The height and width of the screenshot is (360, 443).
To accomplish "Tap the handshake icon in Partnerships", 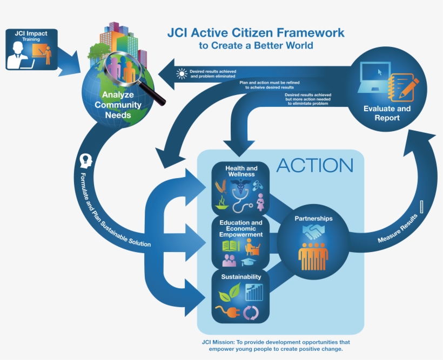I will [x=313, y=231].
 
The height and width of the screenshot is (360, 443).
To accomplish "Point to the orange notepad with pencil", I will [x=403, y=86].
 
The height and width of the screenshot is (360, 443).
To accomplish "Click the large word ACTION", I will [x=314, y=165].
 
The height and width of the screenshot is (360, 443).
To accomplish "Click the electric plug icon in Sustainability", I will [x=225, y=311].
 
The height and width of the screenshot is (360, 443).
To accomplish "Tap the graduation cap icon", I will [x=249, y=262].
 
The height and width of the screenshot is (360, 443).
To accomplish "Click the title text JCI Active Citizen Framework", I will [x=256, y=33].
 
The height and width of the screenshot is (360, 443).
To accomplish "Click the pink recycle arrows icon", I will [x=252, y=312].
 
